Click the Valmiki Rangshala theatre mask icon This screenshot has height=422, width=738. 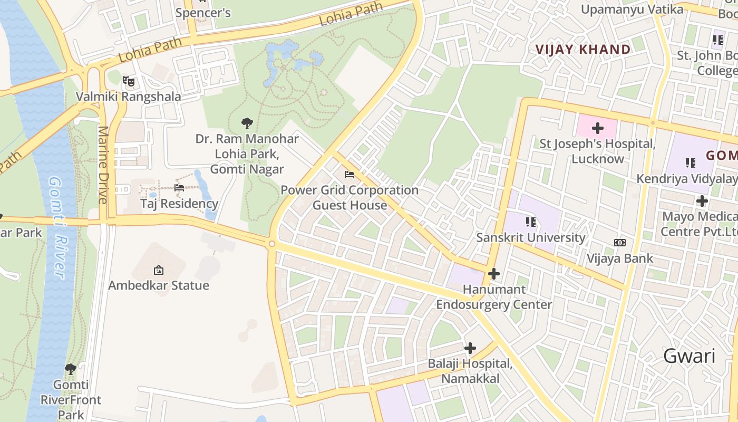129,81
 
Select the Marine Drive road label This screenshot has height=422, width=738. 103,165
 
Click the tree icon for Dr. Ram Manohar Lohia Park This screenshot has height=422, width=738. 247,123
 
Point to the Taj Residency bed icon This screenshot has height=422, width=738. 179,188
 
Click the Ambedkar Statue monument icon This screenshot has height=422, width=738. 158,270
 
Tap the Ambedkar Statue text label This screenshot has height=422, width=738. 159,285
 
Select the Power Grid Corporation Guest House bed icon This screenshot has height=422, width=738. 349,175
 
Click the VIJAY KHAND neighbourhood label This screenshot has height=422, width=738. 582,50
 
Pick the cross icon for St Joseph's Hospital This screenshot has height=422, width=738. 597,128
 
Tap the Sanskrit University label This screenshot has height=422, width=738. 530,237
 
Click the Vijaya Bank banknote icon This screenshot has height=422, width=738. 620,243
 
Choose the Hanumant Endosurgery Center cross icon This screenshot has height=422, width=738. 494,274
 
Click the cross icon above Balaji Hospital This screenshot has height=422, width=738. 470,348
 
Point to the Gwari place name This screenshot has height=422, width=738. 689,356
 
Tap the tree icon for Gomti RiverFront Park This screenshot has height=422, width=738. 71,369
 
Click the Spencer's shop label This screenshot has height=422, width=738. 203,13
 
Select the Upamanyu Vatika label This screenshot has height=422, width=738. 632,9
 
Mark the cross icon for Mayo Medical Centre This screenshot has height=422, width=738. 702,201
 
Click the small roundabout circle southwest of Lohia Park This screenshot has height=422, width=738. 272,244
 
